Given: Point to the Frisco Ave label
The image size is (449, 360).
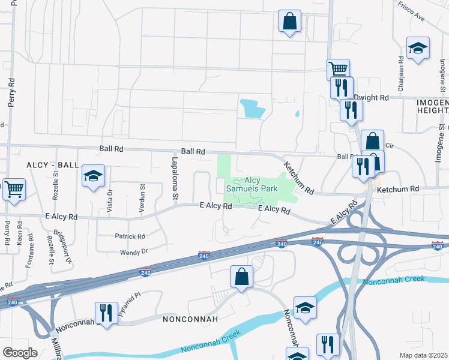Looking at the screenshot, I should (x=411, y=11).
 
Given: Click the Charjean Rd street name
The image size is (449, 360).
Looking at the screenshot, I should (x=400, y=71).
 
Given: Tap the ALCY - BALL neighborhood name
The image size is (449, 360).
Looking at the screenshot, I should (x=52, y=164).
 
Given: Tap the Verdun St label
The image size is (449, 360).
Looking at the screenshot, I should (x=142, y=195).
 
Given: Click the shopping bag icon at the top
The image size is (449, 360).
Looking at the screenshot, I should (x=289, y=21).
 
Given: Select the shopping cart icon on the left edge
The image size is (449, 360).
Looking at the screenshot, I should (x=14, y=188).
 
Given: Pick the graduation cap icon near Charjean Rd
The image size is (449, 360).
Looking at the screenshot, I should (x=418, y=48).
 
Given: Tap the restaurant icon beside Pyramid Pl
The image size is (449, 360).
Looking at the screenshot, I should (x=106, y=313).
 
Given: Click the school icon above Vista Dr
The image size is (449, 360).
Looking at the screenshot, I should (x=93, y=175).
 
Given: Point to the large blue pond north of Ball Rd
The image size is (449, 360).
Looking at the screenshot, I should (x=252, y=109).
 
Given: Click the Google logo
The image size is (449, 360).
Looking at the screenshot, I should (x=20, y=353).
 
